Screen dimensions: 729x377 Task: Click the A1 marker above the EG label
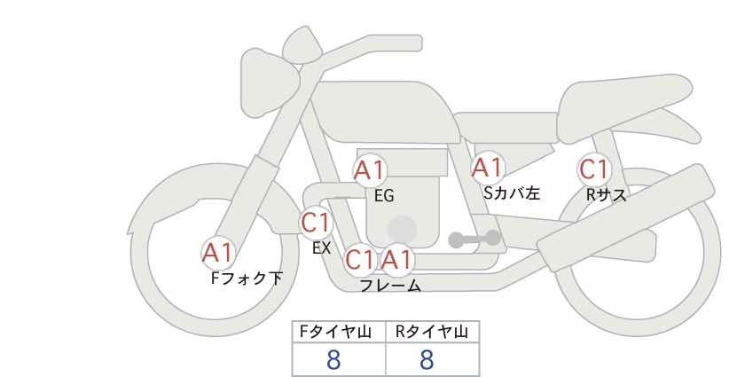coord(370,170)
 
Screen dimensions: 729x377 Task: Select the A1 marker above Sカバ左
coord(488,168)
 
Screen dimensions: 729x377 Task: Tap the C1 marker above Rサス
coord(593,169)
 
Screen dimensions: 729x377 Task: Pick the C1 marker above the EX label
coord(316,223)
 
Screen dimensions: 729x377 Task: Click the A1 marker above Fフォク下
coord(218,254)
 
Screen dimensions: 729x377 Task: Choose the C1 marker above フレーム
coord(360,260)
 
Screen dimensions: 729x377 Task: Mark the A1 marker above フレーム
coord(396,260)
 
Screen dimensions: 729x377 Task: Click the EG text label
coord(384,196)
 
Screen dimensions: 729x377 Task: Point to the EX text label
coord(321,248)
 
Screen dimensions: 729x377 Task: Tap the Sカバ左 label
coord(512,192)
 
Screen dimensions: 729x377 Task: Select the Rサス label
coord(606,195)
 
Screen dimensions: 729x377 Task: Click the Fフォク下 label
coord(247,279)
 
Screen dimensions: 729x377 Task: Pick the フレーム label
coord(390,286)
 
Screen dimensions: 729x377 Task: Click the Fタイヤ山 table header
coord(335,332)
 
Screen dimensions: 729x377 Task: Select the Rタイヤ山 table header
coord(432,332)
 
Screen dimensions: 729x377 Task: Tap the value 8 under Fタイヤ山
coord(333,360)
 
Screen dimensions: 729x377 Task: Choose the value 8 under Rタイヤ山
coord(427,360)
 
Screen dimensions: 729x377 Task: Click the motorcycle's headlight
coord(270,83)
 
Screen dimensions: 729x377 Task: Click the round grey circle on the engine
coord(402,229)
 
